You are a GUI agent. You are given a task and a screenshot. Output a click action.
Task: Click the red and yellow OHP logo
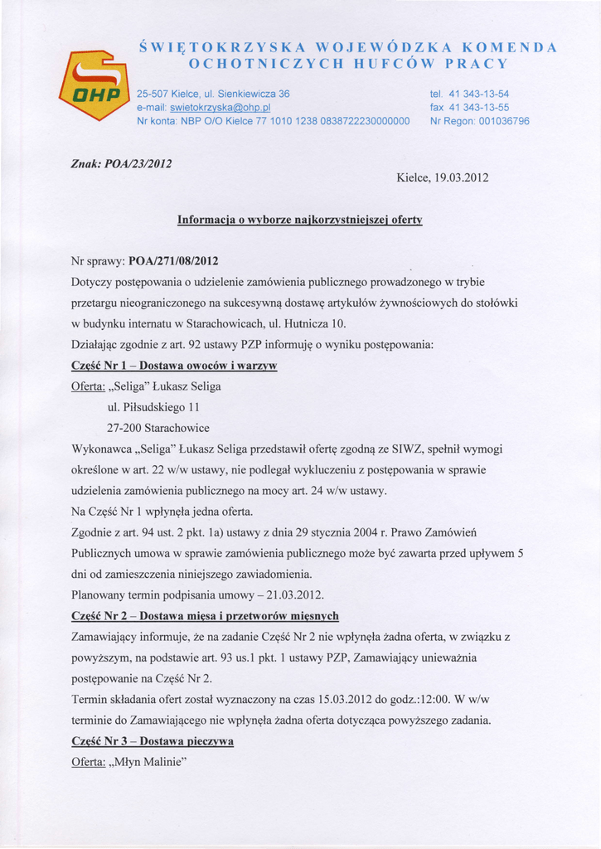[94, 85]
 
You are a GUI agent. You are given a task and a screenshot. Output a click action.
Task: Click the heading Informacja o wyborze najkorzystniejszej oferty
[300, 221]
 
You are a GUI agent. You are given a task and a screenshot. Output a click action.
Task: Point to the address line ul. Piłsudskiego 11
[154, 407]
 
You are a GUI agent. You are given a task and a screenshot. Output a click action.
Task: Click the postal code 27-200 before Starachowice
[124, 428]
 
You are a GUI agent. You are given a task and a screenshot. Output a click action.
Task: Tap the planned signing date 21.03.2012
[296, 594]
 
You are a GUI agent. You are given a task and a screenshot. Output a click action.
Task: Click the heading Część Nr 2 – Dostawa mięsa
[206, 616]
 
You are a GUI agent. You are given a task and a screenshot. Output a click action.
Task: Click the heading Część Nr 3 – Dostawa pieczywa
[153, 740]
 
